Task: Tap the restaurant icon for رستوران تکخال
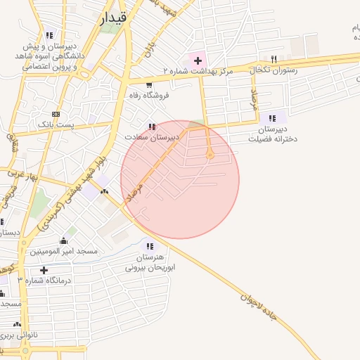[274, 60]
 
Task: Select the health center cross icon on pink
[198, 60]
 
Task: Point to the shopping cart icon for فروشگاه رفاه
[148, 83]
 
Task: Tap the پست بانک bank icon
[56, 114]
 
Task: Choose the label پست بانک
[56, 124]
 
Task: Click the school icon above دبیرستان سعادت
[152, 127]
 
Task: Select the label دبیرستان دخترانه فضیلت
[274, 134]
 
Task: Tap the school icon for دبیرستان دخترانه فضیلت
[274, 117]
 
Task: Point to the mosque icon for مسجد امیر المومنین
[64, 240]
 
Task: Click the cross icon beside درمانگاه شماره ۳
[44, 270]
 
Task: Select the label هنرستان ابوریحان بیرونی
[149, 263]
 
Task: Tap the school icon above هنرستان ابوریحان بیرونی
[149, 246]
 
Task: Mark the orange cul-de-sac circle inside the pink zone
[210, 156]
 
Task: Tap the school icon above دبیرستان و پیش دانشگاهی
[49, 34]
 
